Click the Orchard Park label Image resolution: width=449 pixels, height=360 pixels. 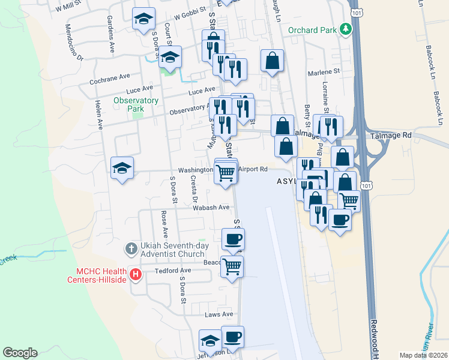point(312,29)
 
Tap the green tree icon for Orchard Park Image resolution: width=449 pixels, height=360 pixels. point(345,29)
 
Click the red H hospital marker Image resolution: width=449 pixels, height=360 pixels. point(136,275)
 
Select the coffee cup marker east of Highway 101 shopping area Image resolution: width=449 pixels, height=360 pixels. point(340,220)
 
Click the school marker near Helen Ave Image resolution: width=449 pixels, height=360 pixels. point(122,168)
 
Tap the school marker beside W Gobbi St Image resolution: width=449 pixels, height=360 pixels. point(143,19)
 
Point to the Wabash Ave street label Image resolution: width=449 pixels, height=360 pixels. point(211,208)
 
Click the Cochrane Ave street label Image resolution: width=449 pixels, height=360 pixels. point(110,77)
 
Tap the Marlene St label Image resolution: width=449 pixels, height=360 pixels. point(324,71)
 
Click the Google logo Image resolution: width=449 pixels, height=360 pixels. point(20,353)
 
